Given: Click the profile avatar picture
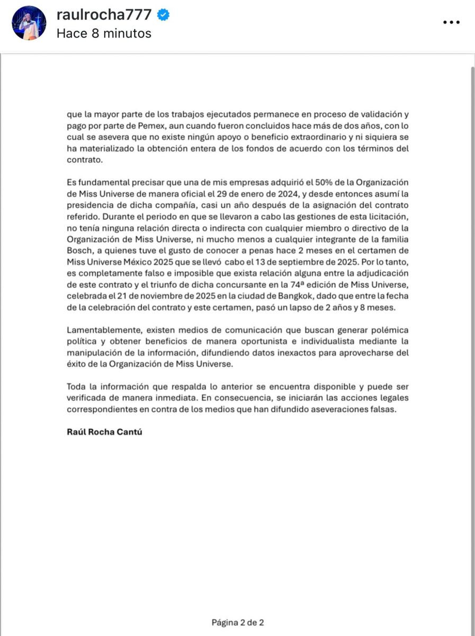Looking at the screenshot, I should (x=29, y=23).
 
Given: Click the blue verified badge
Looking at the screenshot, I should (x=164, y=15).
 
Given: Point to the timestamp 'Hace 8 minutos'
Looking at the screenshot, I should (x=104, y=33).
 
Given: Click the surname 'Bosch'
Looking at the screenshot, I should (x=80, y=251).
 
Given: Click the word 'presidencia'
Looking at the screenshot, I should (x=91, y=205).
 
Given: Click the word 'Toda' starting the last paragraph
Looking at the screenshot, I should (x=76, y=387).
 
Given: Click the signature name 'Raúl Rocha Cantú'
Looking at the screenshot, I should (x=104, y=432).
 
